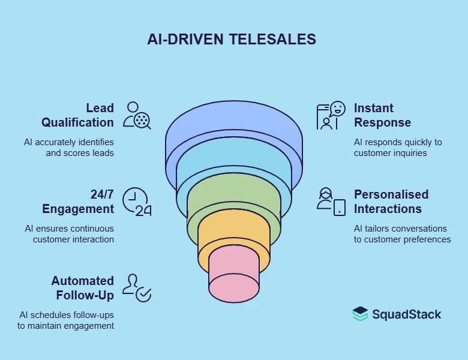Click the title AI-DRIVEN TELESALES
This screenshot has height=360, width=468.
(232, 40)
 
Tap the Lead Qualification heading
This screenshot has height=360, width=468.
(77, 115)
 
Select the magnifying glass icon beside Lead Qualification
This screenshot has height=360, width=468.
(137, 115)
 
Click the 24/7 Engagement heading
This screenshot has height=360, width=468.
(77, 202)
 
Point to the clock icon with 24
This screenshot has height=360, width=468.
(137, 202)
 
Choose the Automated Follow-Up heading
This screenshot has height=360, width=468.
(82, 288)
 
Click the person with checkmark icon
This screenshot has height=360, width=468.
(137, 287)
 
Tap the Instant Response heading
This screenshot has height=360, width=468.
(382, 115)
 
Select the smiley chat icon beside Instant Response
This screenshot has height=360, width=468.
(331, 115)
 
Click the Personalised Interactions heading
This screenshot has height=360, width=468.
(391, 202)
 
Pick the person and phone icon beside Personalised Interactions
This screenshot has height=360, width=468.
(331, 202)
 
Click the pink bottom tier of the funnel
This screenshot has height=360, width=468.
(233, 287)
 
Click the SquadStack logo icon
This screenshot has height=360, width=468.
(360, 314)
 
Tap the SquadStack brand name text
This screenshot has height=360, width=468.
(406, 314)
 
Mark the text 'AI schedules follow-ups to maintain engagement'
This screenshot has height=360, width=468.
(65, 320)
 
